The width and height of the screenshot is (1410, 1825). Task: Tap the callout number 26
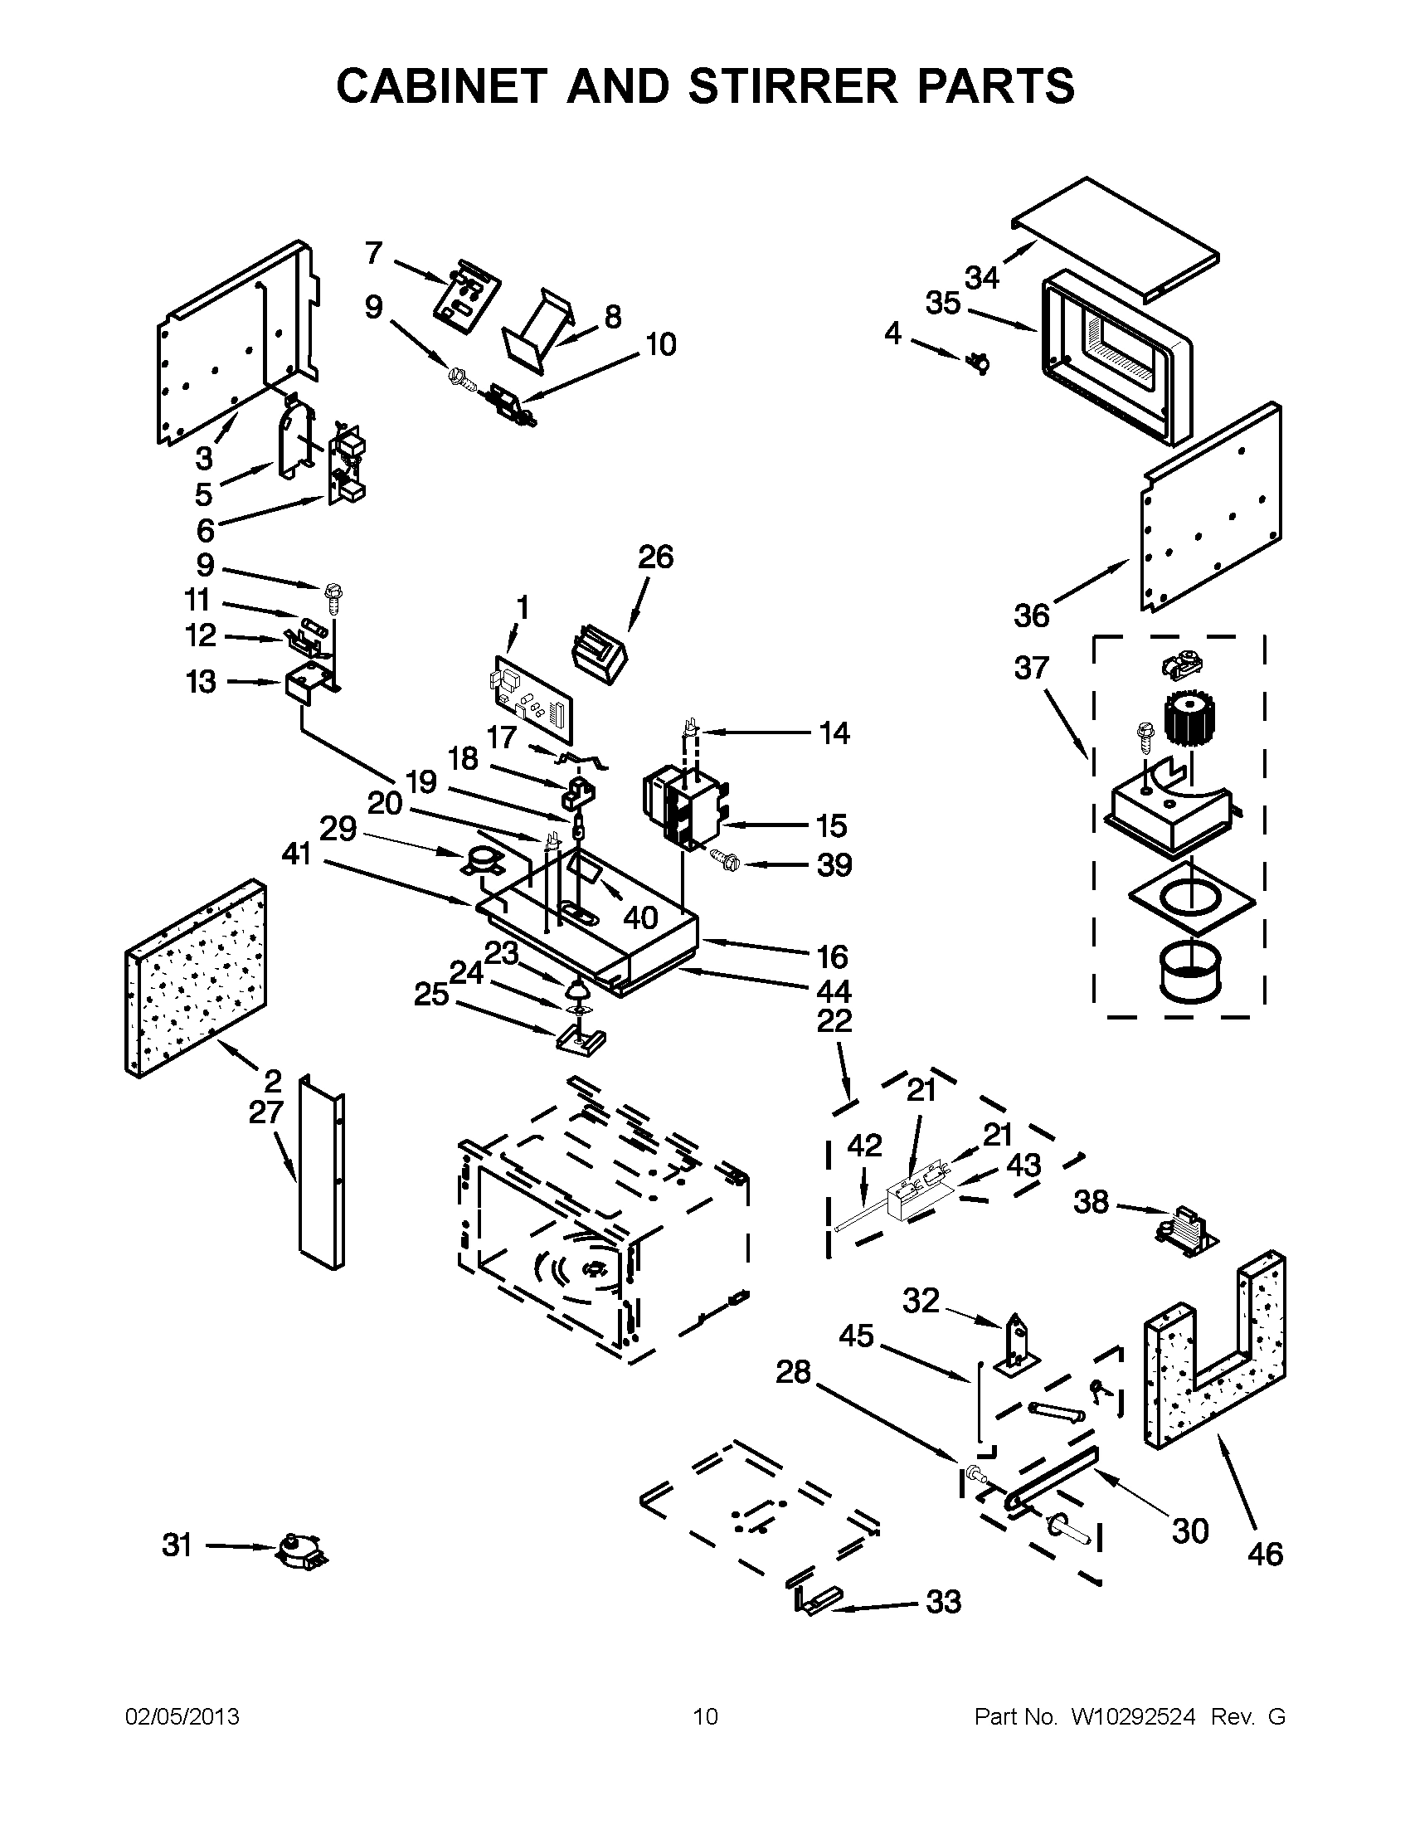pos(656,557)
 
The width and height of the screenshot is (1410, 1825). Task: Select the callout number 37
pos(1031,668)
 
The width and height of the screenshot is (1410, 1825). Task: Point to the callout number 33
pos(943,1603)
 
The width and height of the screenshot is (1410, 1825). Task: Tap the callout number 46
pos(1265,1555)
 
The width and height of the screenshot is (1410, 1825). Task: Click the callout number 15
pos(832,825)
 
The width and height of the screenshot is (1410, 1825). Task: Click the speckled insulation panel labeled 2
pos(197,978)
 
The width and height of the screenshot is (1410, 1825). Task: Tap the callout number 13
pos(201,682)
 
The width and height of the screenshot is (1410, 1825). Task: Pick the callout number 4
pos(893,333)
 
